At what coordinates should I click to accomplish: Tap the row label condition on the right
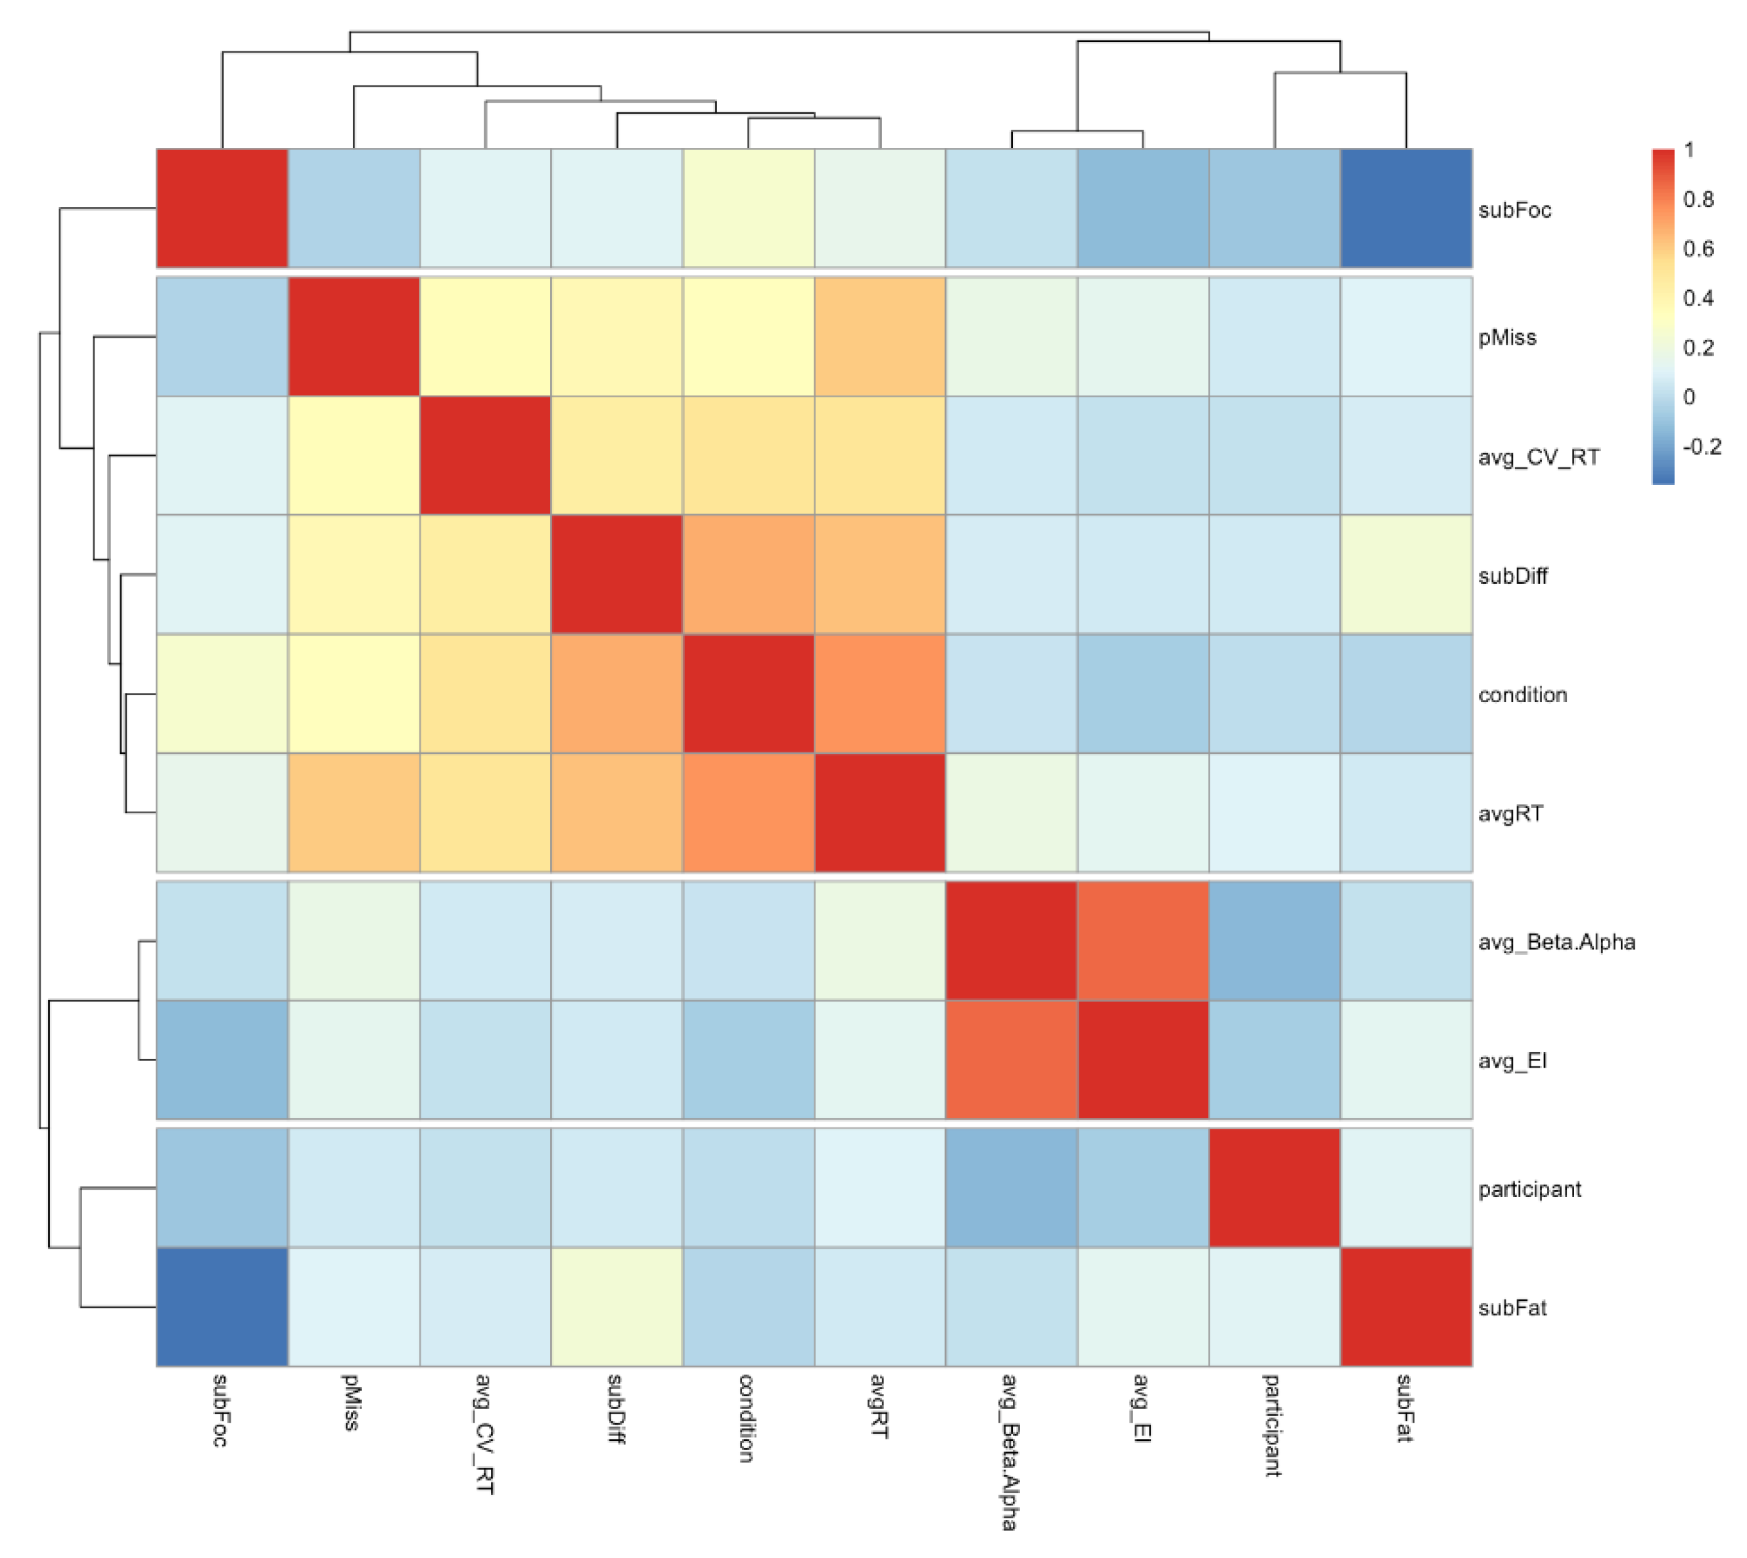[1521, 694]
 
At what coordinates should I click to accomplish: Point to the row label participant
[1529, 1189]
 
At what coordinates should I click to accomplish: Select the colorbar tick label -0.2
[1701, 447]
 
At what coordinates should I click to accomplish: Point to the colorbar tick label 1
[1689, 149]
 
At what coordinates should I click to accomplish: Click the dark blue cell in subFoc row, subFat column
[1405, 208]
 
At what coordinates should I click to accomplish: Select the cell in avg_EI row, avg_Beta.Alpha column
[1011, 1060]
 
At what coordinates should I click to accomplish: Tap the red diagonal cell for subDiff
[617, 575]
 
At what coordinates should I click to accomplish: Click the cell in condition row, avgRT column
[879, 694]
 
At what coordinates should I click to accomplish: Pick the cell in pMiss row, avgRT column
[879, 337]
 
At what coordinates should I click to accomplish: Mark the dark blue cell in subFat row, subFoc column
[221, 1307]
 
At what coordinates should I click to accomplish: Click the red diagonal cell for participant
[1274, 1188]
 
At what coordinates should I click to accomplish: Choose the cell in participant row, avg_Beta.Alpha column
[1011, 1188]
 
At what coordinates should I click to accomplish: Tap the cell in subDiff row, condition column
[748, 575]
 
